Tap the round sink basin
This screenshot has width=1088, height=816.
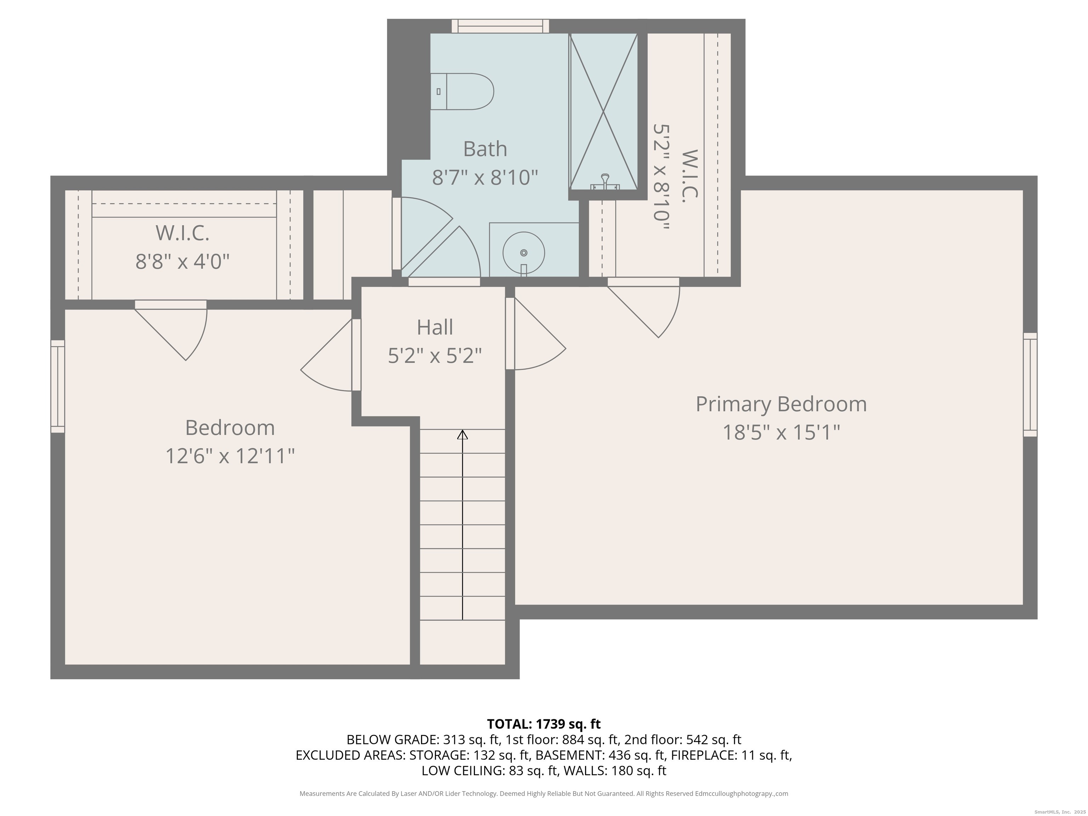tap(523, 253)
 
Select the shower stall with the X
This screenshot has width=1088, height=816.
tap(603, 111)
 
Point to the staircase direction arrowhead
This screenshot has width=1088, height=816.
tap(462, 435)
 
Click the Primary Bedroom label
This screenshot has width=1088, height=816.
tap(781, 404)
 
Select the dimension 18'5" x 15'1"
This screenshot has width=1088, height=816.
tap(781, 433)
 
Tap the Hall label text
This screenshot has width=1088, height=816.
tap(435, 328)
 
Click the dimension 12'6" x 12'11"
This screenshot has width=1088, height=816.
tap(230, 456)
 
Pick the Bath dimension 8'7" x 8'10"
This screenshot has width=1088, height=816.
tap(485, 177)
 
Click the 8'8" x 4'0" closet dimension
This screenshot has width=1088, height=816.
tap(182, 261)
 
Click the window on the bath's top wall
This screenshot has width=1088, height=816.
tap(500, 26)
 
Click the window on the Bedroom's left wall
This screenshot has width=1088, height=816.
tap(57, 386)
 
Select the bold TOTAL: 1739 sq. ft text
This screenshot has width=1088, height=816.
tap(544, 724)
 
